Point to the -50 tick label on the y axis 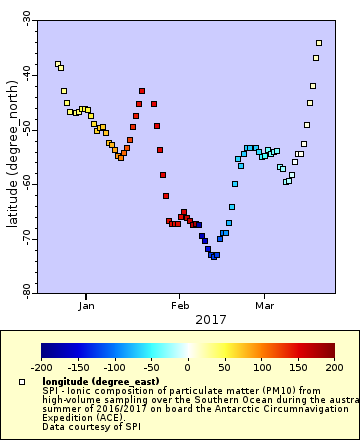coord(27,130)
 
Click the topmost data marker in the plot coord(319,43)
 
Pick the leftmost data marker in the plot coord(58,64)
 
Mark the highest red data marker coord(142,91)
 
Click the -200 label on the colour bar coord(41,367)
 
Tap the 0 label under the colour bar coord(187,367)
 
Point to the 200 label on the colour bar coord(333,367)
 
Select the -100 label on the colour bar coord(114,367)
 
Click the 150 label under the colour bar coord(297,367)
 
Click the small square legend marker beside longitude coord(22,382)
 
